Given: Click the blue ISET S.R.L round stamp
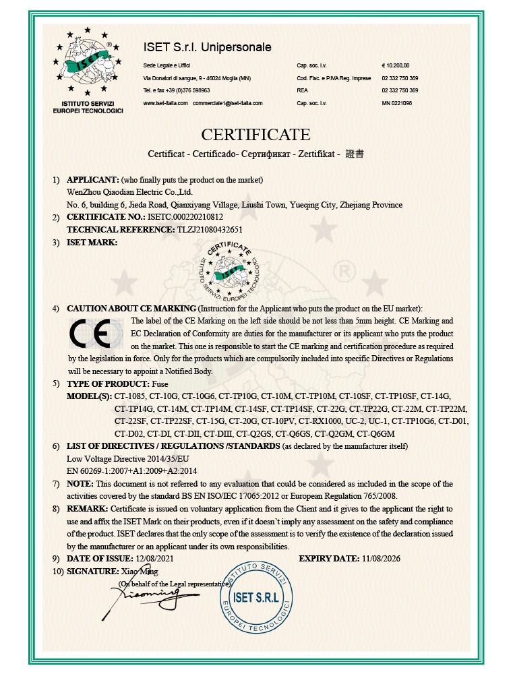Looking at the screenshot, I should pyautogui.click(x=252, y=594).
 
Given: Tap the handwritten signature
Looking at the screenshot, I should pyautogui.click(x=145, y=594).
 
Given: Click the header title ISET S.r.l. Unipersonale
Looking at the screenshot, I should pyautogui.click(x=208, y=47).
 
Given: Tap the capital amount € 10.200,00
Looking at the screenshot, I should pyautogui.click(x=396, y=65).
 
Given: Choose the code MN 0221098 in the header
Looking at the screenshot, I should pyautogui.click(x=396, y=103).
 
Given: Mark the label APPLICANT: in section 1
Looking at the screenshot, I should pyautogui.click(x=92, y=179).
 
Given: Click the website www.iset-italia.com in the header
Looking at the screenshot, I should pyautogui.click(x=165, y=103).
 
